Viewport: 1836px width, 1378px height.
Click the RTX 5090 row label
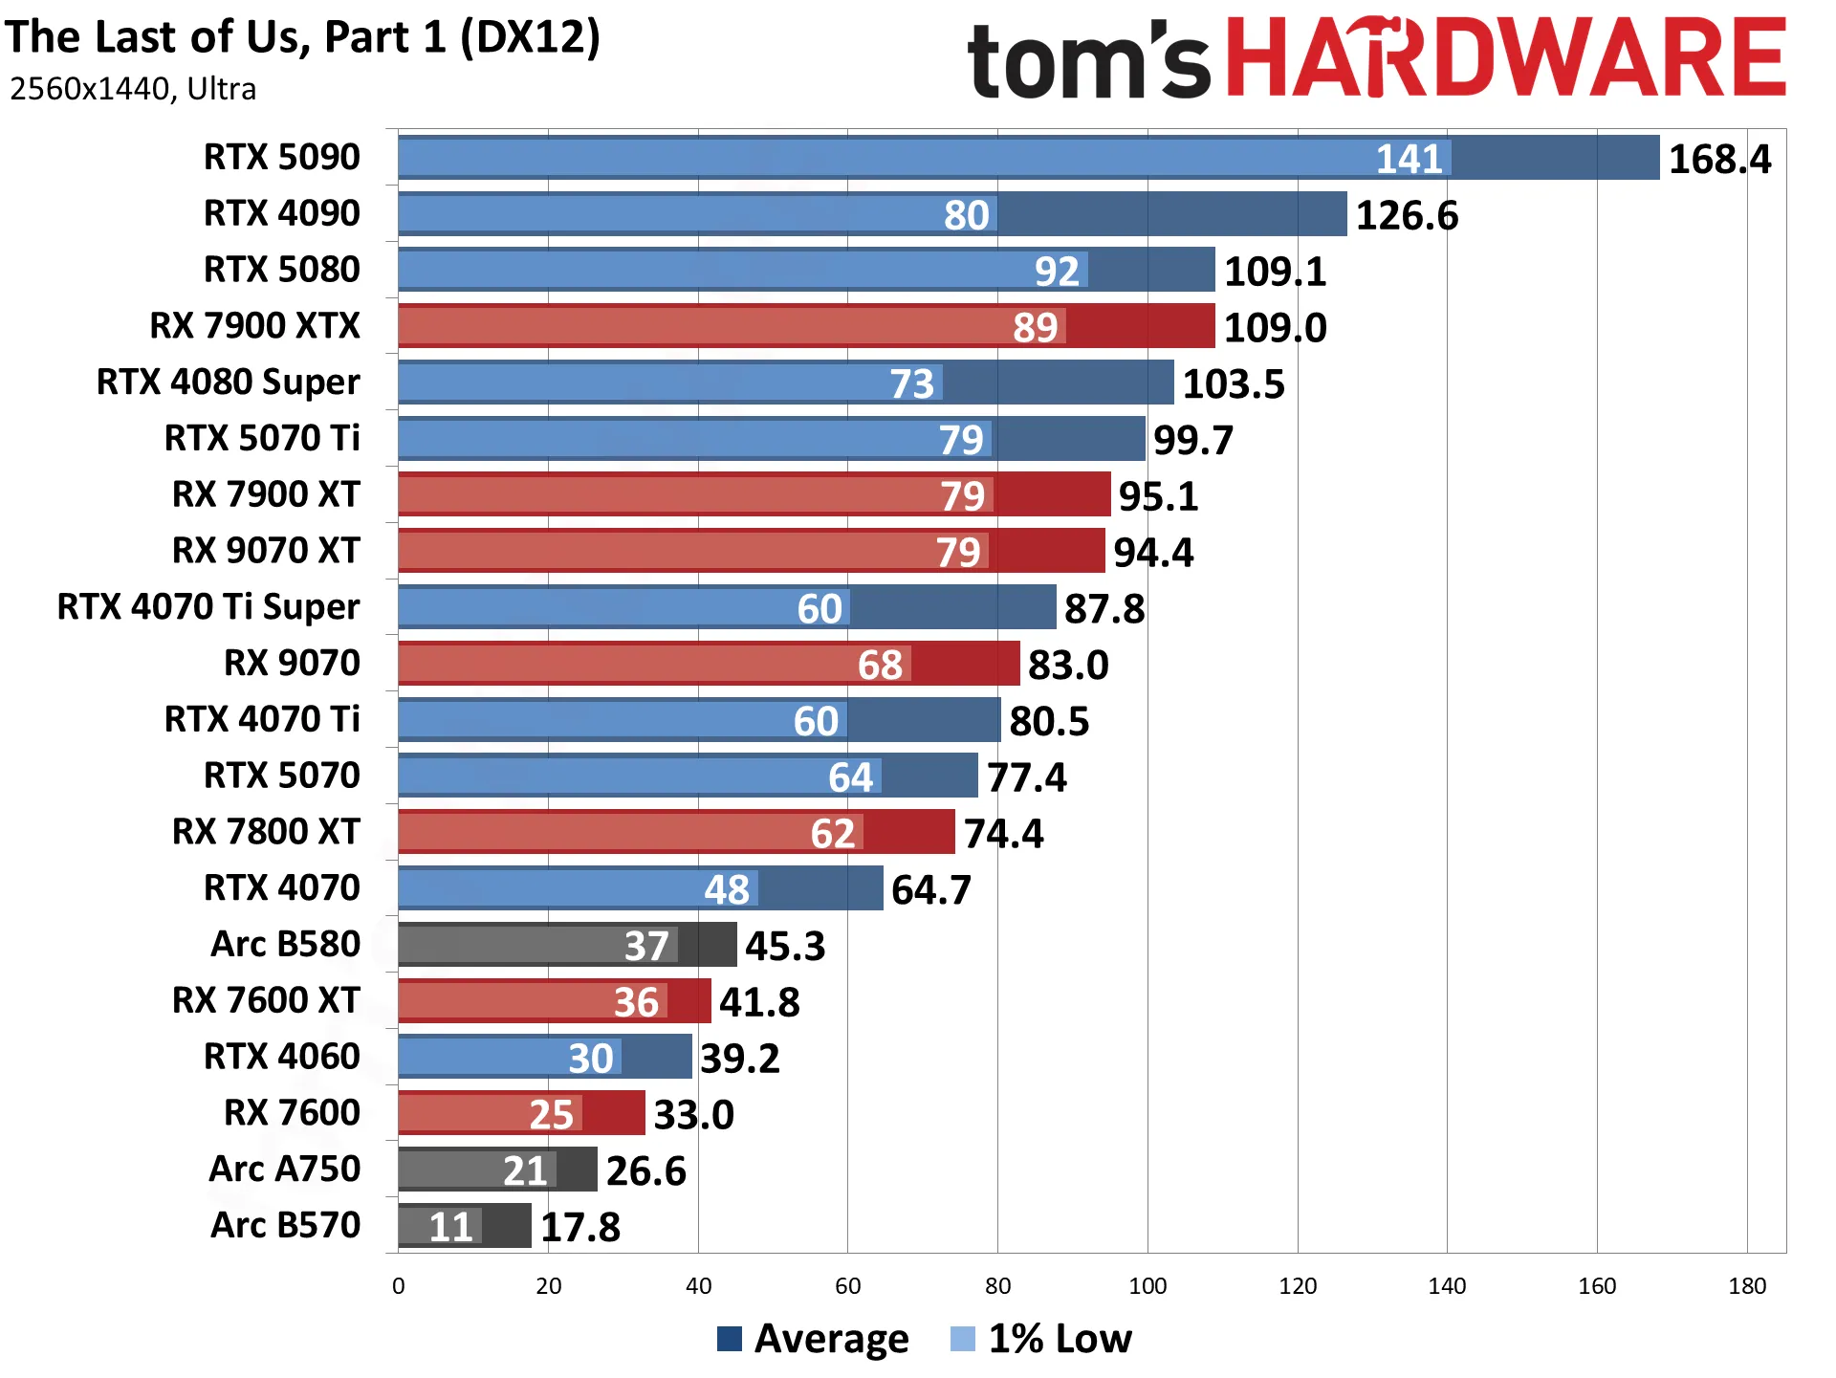tap(282, 157)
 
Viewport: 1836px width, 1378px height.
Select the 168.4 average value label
tap(1720, 159)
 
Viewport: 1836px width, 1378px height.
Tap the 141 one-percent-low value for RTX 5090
tap(1410, 159)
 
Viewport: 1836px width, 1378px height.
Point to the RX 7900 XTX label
tap(255, 325)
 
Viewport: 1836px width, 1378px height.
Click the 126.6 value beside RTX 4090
tap(1408, 215)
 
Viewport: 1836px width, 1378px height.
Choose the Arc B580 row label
tap(286, 944)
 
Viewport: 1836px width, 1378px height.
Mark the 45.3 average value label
tap(785, 946)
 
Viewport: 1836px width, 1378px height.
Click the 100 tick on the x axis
tap(1147, 1286)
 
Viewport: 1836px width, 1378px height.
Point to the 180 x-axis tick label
tap(1747, 1286)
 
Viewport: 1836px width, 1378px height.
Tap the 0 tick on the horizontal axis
tap(399, 1286)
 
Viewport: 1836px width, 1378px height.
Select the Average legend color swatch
tap(730, 1339)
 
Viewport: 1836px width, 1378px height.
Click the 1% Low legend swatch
tap(963, 1339)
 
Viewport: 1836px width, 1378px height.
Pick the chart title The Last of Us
tap(302, 38)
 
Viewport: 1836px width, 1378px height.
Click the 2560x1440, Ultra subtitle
tap(133, 89)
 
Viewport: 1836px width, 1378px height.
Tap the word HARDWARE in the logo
tap(1506, 57)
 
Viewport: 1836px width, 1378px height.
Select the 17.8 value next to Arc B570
tap(580, 1227)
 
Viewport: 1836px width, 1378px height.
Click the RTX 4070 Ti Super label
tap(208, 606)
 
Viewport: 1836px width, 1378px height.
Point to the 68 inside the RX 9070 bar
tap(880, 665)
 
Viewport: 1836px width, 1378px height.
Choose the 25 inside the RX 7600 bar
tap(552, 1114)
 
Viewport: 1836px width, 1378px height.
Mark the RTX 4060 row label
tap(282, 1056)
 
